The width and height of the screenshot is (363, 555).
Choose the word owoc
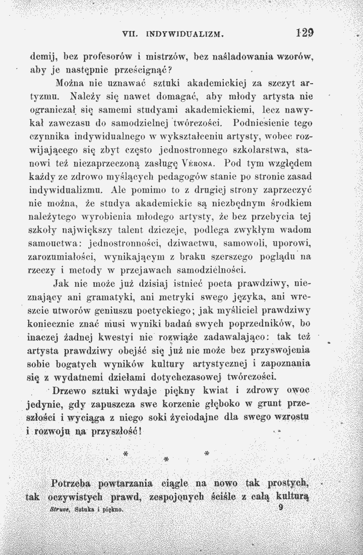[296, 391]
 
